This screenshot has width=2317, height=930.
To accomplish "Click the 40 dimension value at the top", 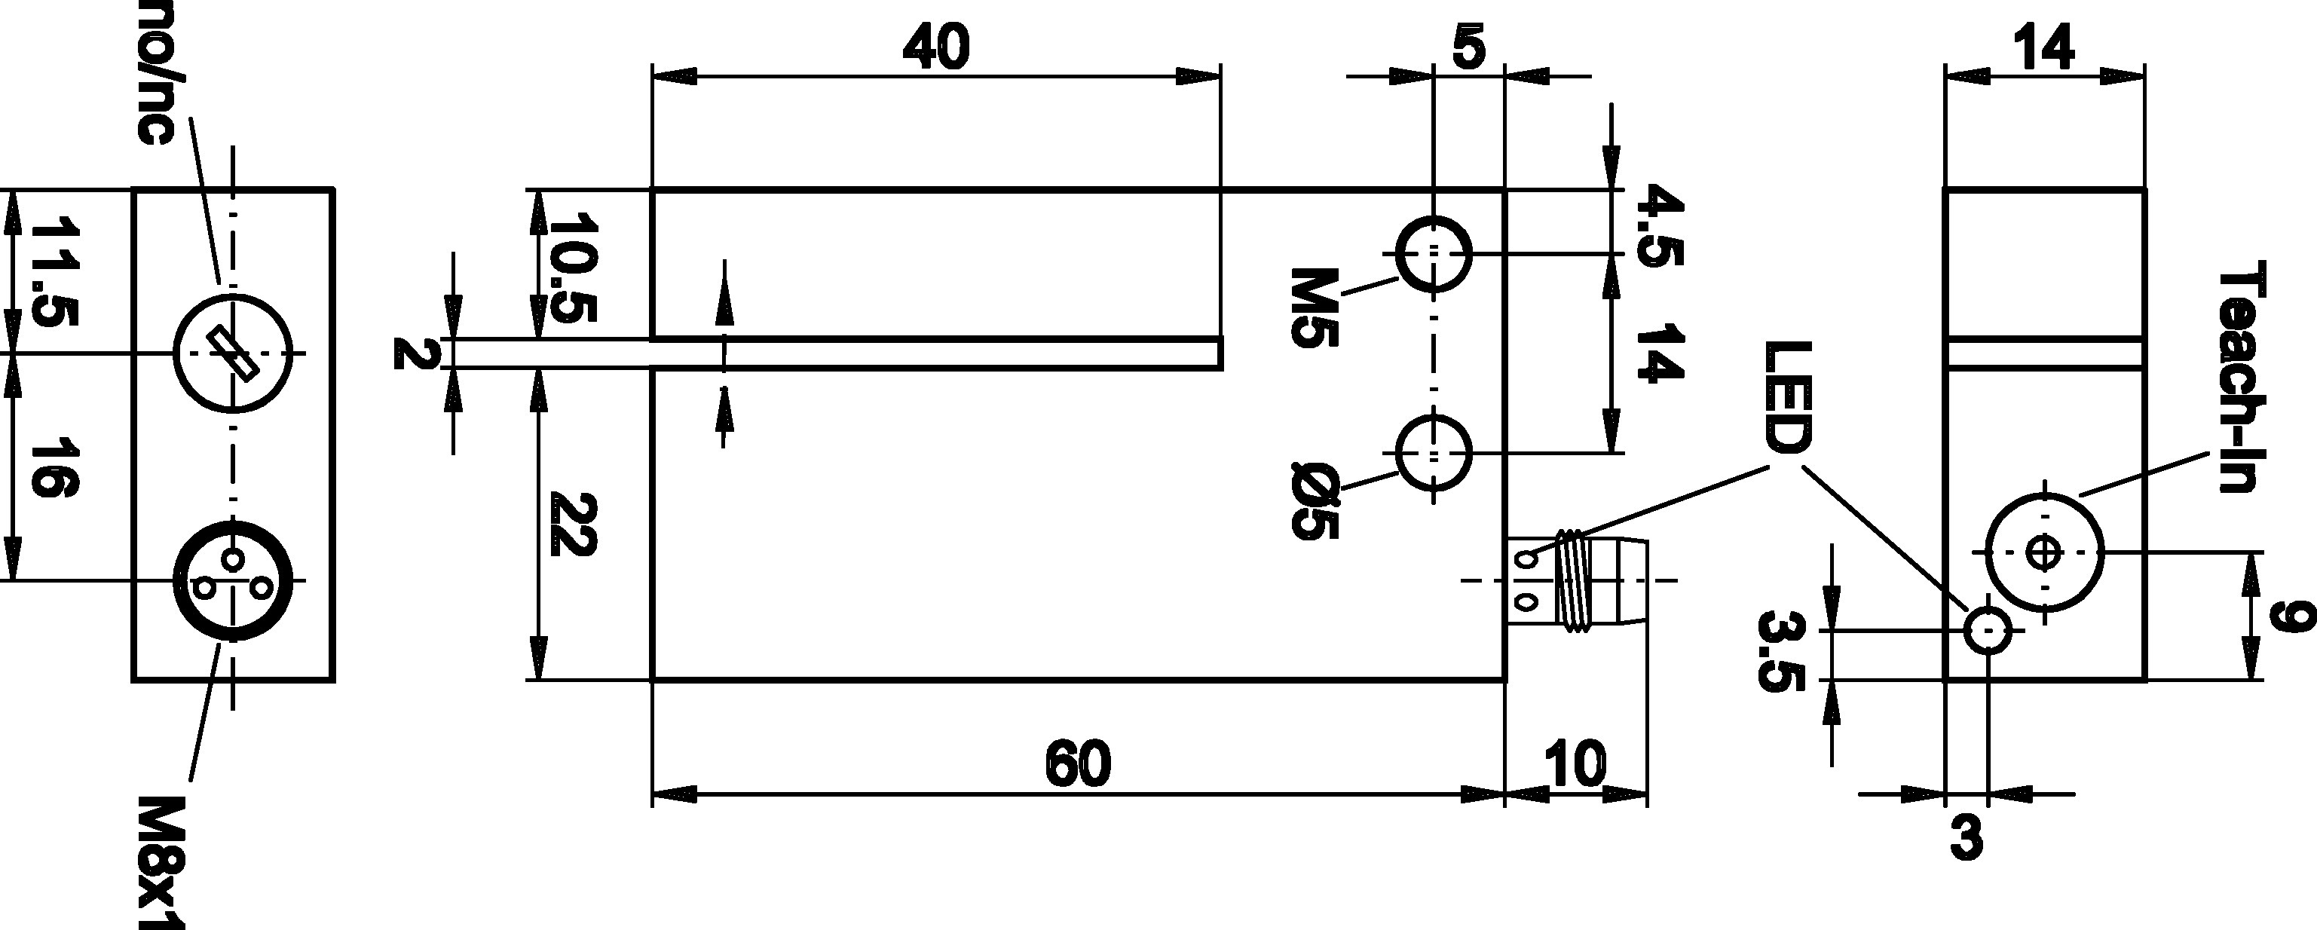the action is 936,47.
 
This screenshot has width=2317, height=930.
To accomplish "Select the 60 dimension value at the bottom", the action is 1079,764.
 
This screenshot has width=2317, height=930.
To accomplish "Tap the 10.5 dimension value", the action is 573,267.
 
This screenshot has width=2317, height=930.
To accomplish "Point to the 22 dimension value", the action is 573,525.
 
